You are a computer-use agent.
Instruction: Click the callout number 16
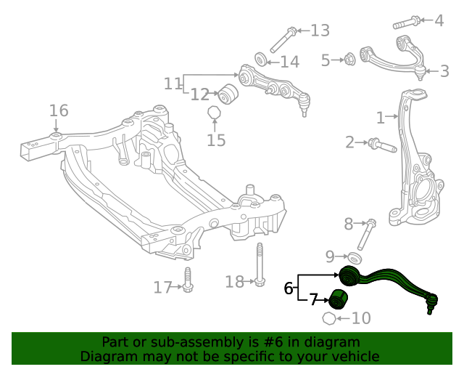click(x=59, y=110)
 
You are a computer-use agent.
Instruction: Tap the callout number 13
click(x=320, y=31)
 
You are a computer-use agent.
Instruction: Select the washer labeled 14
click(x=261, y=59)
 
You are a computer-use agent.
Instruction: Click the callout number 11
click(x=173, y=84)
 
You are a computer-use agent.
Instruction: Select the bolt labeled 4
click(x=410, y=20)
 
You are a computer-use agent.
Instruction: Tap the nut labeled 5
click(x=348, y=59)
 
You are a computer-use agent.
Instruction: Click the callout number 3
click(x=444, y=71)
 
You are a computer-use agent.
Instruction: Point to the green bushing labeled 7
click(x=339, y=298)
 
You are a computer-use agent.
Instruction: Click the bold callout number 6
click(x=289, y=288)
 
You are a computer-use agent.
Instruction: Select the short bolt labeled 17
click(x=187, y=282)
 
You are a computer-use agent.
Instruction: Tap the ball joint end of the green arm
click(x=432, y=300)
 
